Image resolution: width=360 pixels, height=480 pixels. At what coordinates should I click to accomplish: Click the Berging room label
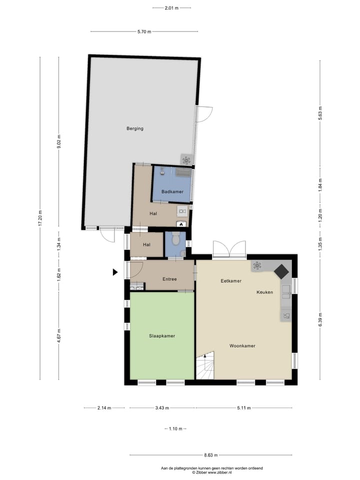135,128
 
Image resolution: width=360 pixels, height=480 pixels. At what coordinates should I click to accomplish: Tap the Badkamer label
172,192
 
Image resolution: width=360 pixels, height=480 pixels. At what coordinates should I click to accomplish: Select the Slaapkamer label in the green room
162,336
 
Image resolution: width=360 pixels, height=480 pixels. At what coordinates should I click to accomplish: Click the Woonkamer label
243,345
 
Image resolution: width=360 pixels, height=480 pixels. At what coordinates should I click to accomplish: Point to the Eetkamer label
231,281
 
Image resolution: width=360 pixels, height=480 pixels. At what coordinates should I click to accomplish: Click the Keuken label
265,292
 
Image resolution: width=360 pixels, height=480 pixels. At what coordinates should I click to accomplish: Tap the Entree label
169,279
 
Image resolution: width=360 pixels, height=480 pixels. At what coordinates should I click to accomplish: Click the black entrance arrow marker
115,272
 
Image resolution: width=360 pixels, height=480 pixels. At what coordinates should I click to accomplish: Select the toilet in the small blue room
175,239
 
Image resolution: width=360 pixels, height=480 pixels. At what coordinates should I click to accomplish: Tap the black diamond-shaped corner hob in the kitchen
281,271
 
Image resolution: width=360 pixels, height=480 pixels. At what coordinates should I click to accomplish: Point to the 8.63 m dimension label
211,455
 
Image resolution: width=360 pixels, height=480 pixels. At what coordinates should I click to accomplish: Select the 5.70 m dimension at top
145,31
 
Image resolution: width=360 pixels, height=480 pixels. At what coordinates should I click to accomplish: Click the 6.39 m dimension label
320,318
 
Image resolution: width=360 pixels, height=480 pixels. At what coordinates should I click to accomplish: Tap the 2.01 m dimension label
172,8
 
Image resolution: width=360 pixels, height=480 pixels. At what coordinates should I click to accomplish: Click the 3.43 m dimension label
162,408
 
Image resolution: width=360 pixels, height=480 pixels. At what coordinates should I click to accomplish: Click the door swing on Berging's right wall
204,114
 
